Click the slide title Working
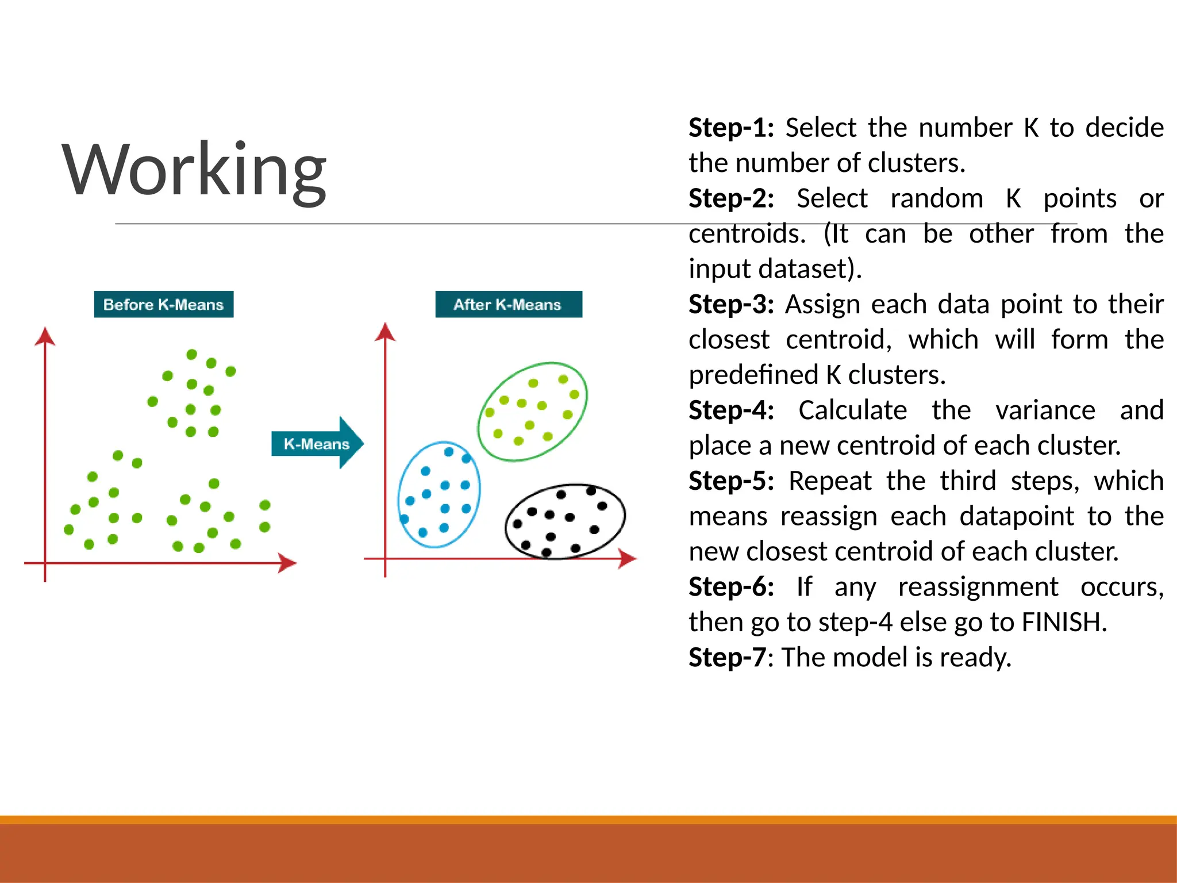point(194,171)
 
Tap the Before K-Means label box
point(164,304)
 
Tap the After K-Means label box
point(508,304)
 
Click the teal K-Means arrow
point(317,443)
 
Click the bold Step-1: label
point(731,128)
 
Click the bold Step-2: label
point(731,198)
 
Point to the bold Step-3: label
point(731,304)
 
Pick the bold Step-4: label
point(731,410)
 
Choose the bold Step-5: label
point(731,481)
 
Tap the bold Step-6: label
point(731,587)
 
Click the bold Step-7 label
point(727,658)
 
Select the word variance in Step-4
point(1045,410)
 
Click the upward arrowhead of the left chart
point(45,336)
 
